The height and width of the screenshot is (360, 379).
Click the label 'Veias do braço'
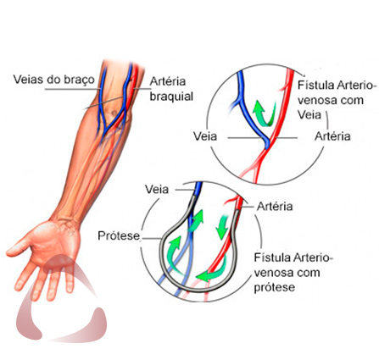tap(54, 80)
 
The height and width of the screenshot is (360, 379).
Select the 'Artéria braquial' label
tap(171, 89)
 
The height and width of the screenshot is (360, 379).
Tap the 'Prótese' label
tap(119, 235)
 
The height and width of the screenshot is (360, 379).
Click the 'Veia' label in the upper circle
tap(205, 136)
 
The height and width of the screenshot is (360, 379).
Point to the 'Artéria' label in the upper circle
tap(332, 136)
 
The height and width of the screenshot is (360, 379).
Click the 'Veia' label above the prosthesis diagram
tap(157, 189)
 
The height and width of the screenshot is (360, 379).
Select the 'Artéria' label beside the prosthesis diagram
tap(275, 207)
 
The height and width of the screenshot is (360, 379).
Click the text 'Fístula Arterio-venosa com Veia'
tap(337, 100)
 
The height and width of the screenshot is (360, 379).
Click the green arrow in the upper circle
tap(265, 114)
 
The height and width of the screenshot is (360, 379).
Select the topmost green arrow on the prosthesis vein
tap(197, 221)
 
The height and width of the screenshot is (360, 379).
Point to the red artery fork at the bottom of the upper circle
tap(256, 166)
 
